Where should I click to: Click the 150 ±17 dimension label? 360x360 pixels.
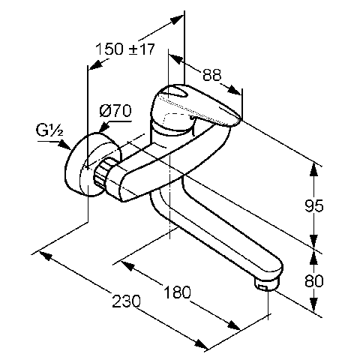(125, 49)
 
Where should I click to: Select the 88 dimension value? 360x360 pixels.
(212, 74)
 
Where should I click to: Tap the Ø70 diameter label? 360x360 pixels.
(115, 111)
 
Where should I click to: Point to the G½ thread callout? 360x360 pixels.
(49, 130)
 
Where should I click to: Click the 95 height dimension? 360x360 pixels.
(314, 205)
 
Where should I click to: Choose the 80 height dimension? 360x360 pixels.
(314, 280)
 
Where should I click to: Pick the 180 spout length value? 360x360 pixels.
(177, 292)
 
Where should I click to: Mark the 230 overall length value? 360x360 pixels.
(126, 301)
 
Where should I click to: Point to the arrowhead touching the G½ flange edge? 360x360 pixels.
(64, 145)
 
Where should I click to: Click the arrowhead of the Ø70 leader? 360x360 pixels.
(104, 127)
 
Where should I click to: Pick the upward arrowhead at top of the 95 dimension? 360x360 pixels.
(314, 169)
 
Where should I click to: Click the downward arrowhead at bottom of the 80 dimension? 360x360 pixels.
(314, 305)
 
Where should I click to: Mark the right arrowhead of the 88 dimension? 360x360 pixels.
(235, 90)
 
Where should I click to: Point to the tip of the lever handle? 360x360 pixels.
(239, 120)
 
